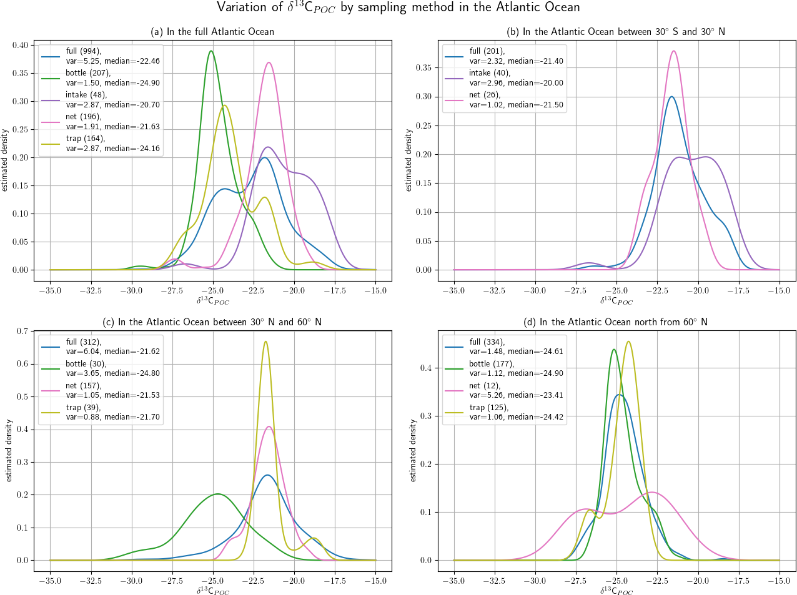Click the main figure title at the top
coord(398,7)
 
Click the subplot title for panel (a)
coord(212,32)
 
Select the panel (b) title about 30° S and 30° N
coord(616,32)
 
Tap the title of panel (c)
coord(212,322)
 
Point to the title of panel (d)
coord(616,322)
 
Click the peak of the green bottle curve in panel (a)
coord(211,51)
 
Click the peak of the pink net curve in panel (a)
coord(269,62)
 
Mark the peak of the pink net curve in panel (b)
coord(673,51)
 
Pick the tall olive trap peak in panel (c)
coord(266,342)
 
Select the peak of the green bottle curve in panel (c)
coord(217,494)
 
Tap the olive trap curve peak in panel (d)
coord(628,342)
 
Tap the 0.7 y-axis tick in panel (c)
coord(22,331)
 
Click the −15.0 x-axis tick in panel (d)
coord(779,581)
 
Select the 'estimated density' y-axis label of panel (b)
coord(408,160)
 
